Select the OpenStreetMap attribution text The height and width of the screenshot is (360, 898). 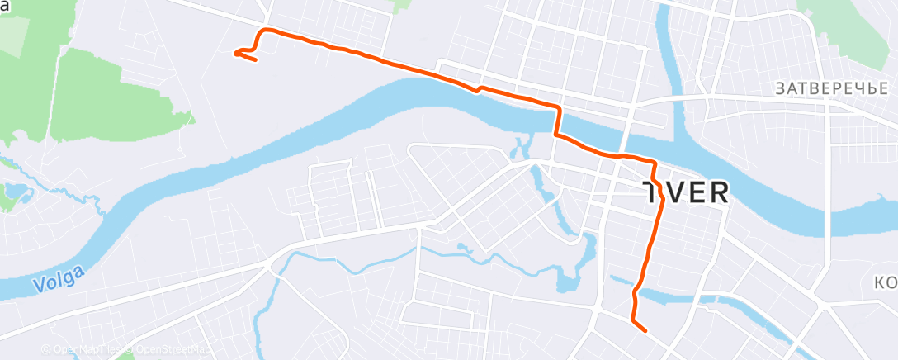click(x=170, y=350)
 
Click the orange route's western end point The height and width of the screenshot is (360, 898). click(x=236, y=54)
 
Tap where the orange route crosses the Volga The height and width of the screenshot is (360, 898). click(x=557, y=121)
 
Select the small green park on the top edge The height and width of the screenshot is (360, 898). click(x=401, y=5)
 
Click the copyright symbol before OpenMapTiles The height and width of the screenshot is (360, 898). click(x=46, y=350)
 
